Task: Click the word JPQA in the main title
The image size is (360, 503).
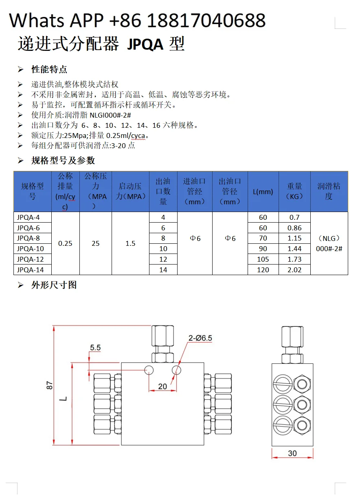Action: click(x=145, y=44)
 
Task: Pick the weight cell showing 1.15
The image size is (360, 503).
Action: click(x=294, y=238)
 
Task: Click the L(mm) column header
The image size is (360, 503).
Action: click(x=263, y=192)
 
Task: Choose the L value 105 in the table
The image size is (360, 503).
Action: click(x=263, y=259)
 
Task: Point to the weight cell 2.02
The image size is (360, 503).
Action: click(x=294, y=270)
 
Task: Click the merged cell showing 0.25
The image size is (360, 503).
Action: click(x=65, y=243)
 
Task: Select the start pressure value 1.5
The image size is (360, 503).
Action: click(x=130, y=243)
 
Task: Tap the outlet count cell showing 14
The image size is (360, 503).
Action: click(x=163, y=270)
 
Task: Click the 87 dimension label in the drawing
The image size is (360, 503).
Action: click(x=50, y=385)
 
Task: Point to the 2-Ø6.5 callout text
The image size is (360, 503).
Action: click(x=200, y=338)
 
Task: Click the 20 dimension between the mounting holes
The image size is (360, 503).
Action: click(x=162, y=386)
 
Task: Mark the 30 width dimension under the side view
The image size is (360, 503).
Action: click(x=292, y=453)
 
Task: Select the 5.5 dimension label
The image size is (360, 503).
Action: click(x=95, y=348)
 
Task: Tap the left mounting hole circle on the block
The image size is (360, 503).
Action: click(x=149, y=370)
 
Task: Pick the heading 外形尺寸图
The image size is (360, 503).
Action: click(x=54, y=285)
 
